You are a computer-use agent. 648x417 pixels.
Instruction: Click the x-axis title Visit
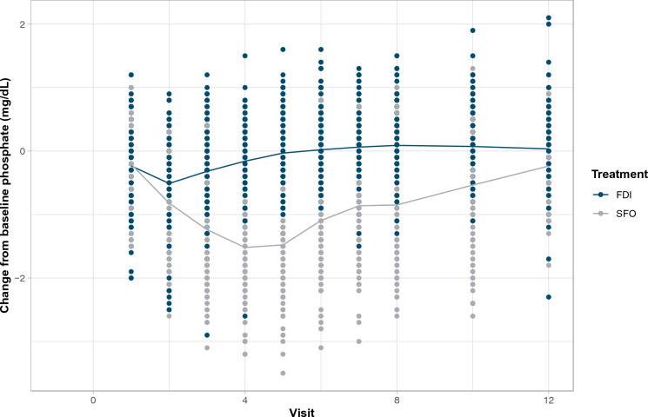(301, 412)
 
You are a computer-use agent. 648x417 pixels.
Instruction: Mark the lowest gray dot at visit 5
(283, 373)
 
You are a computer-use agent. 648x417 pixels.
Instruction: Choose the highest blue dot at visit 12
(548, 17)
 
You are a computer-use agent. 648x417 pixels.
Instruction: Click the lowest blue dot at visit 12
(548, 297)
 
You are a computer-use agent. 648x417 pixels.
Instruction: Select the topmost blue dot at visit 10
(472, 30)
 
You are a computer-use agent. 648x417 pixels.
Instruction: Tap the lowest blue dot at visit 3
(207, 335)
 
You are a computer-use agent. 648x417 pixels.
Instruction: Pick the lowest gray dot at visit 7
(358, 341)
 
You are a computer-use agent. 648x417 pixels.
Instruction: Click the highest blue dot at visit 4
(244, 56)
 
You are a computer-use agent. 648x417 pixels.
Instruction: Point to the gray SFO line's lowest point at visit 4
(244, 247)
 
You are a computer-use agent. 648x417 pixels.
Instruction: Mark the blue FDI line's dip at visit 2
(169, 183)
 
